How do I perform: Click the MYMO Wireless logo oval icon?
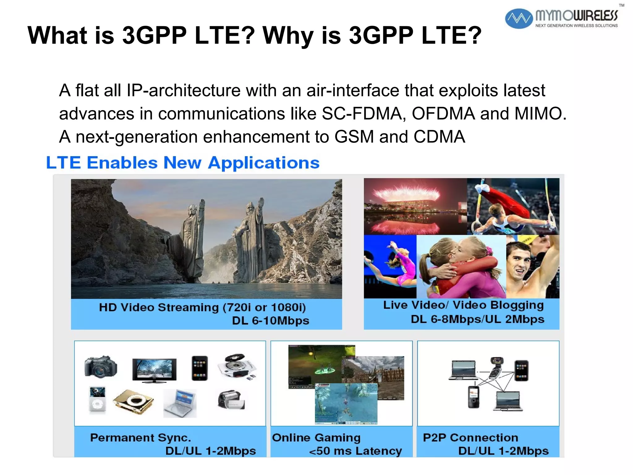pos(519,19)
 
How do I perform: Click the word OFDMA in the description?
pos(443,113)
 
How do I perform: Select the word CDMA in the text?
pos(439,137)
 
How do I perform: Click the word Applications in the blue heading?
pos(264,163)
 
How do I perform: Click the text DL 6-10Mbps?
pos(270,320)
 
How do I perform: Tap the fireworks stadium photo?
pos(415,207)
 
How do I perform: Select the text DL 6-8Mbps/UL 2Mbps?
pos(477,319)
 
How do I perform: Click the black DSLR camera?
pos(101,367)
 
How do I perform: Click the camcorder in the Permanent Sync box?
pos(231,400)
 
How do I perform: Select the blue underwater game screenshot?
pos(346,404)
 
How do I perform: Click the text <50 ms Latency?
pos(355,451)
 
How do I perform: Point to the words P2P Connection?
pos(470,438)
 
